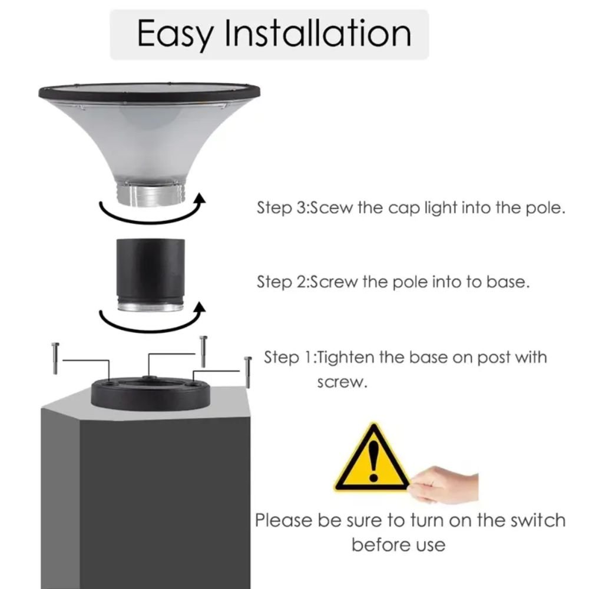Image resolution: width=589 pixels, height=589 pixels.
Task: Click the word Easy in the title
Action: click(x=176, y=35)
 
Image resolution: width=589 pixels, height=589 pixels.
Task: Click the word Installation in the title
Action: click(x=318, y=33)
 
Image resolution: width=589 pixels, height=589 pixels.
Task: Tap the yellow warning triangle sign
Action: click(x=372, y=458)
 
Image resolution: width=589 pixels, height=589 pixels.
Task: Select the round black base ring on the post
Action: click(x=151, y=393)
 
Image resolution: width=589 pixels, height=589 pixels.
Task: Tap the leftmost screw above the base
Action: click(x=55, y=358)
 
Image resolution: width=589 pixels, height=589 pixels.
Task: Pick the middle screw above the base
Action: click(x=203, y=351)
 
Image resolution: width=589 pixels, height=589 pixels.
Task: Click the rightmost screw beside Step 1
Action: click(x=248, y=372)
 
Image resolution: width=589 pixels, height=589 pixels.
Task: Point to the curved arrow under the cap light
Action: click(x=150, y=221)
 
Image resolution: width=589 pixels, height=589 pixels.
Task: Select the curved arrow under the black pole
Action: click(x=150, y=329)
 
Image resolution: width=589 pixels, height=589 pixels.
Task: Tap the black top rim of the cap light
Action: click(x=150, y=92)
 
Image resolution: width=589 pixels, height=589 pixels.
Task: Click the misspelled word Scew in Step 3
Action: click(x=331, y=208)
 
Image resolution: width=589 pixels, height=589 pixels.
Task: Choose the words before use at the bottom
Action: click(x=399, y=545)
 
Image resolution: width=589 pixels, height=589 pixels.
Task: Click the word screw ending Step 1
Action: click(x=342, y=382)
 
